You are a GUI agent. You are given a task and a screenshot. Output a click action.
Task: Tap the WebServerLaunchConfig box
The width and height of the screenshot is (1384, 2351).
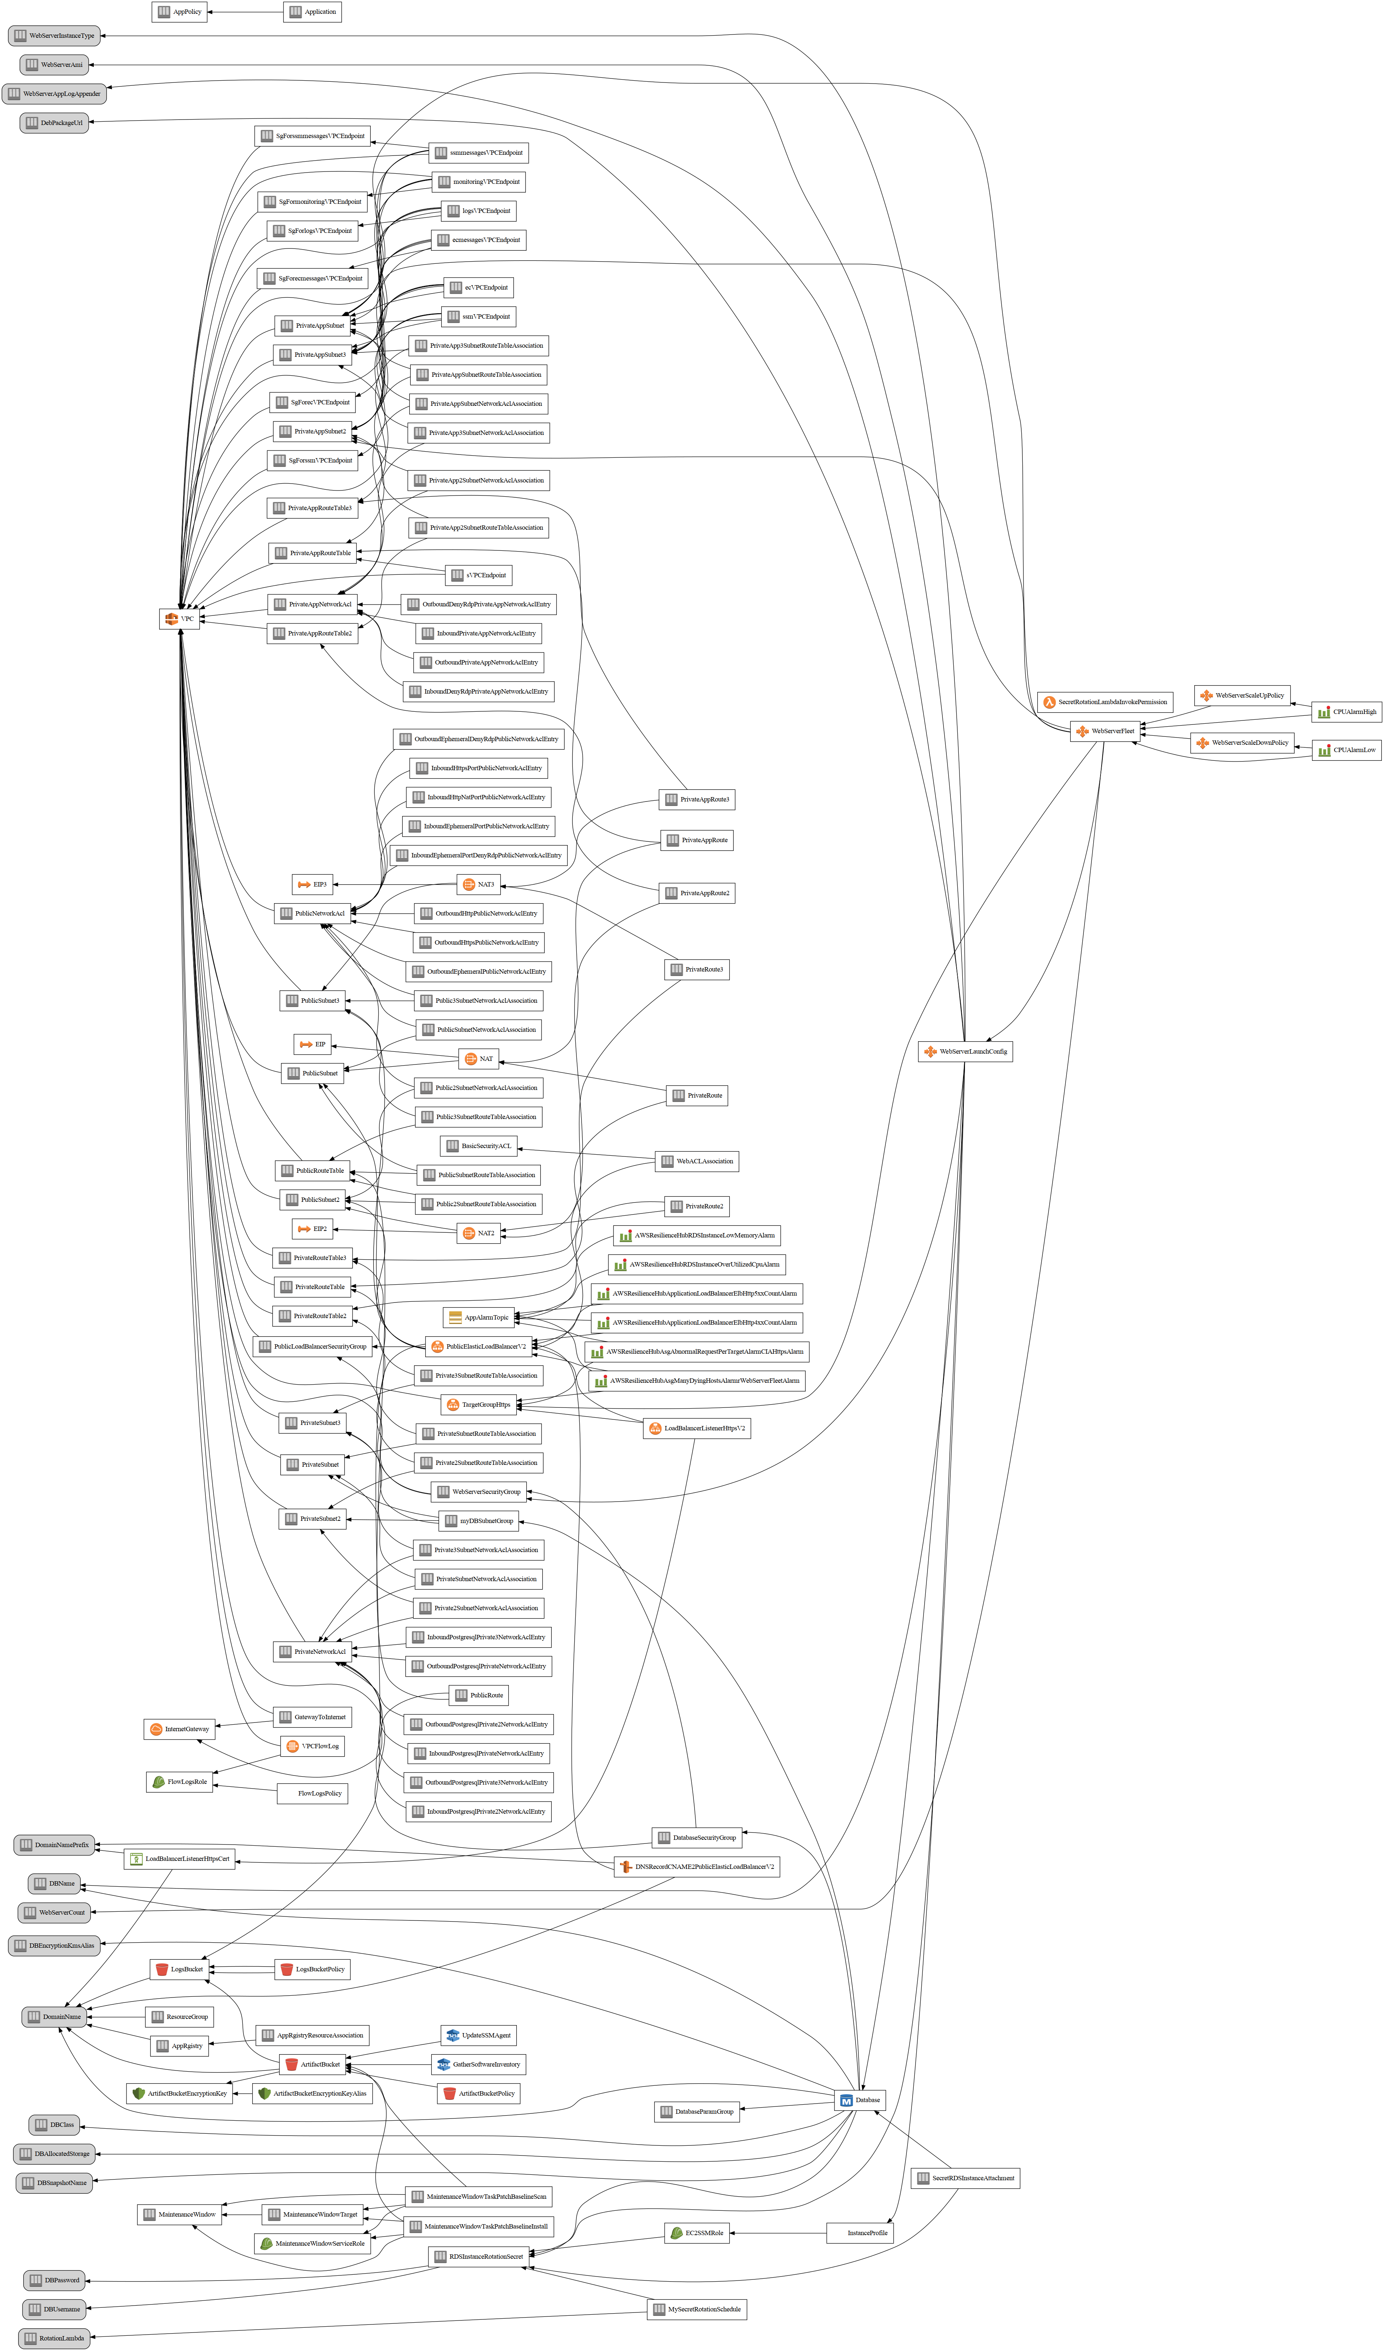(965, 1051)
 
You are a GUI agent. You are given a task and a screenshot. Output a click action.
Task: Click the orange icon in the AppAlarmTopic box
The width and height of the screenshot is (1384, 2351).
(455, 1317)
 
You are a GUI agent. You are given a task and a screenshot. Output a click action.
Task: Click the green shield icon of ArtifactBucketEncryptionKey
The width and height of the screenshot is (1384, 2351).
(139, 2093)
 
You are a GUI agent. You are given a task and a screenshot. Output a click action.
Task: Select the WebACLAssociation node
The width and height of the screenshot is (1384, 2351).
(696, 1162)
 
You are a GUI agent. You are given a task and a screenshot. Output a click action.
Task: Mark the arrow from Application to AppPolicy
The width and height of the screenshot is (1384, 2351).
(245, 12)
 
